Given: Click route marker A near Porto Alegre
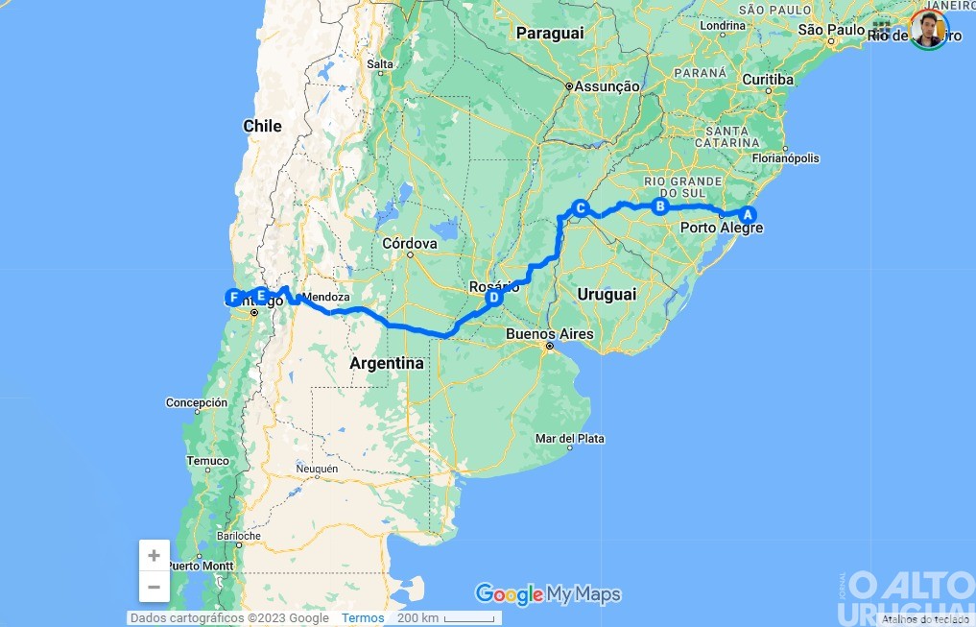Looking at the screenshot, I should point(748,214).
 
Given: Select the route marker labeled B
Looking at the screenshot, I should point(659,205).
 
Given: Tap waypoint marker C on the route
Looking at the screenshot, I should point(580,206).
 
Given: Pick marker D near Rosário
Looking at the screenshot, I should point(493,298).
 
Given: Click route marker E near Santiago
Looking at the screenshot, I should point(260,296).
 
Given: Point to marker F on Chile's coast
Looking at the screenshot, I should point(233,297).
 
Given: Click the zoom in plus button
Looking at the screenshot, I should point(154,556).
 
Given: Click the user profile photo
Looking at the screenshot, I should point(928,30).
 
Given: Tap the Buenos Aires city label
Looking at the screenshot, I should point(550,334).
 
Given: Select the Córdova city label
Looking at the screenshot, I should point(410,244).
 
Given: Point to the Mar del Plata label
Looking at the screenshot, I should point(570,439).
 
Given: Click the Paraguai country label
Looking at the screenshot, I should point(549,33).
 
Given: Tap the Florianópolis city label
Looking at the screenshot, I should point(786,158).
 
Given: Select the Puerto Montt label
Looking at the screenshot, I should point(200,567).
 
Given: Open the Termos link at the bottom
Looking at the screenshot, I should point(363,618).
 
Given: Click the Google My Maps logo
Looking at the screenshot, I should point(548,594).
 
